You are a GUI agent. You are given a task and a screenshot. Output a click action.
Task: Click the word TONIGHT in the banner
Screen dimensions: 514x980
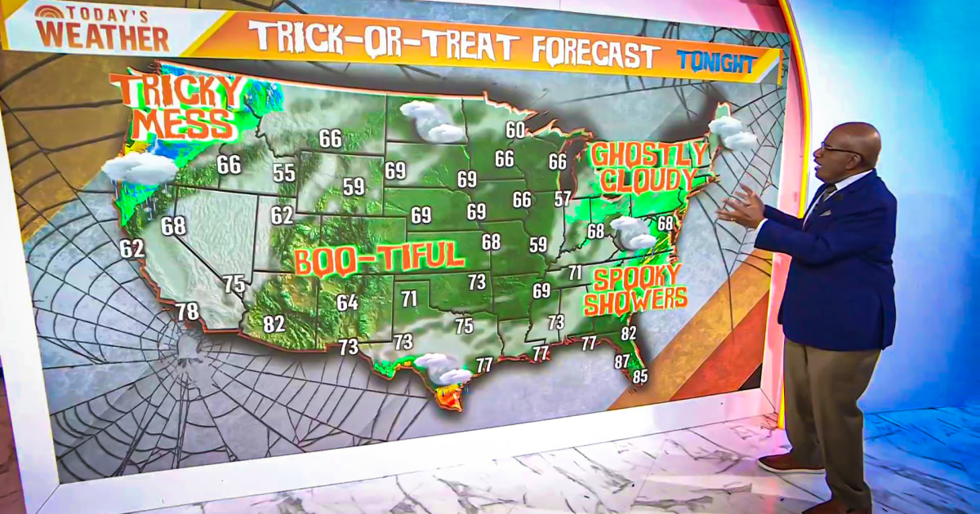pyautogui.click(x=715, y=62)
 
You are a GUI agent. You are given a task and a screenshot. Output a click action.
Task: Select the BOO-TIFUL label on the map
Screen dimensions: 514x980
pyautogui.click(x=379, y=259)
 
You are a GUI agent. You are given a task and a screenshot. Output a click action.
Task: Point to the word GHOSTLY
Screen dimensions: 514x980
pyautogui.click(x=648, y=154)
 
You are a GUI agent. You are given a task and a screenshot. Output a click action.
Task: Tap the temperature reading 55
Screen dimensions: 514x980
pyautogui.click(x=284, y=173)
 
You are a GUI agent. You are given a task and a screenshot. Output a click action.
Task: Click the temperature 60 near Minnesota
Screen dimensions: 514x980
pyautogui.click(x=515, y=130)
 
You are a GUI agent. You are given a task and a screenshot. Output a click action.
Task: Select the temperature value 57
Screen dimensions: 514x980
pyautogui.click(x=563, y=198)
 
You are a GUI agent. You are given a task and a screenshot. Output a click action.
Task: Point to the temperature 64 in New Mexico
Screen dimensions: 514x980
pyautogui.click(x=347, y=303)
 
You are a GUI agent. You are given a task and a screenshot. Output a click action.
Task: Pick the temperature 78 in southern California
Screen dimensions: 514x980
pyautogui.click(x=187, y=311)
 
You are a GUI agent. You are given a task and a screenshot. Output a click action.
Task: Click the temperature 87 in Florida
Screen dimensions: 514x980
pyautogui.click(x=622, y=361)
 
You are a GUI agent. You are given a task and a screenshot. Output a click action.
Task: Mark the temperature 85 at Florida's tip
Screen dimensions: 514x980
pyautogui.click(x=640, y=377)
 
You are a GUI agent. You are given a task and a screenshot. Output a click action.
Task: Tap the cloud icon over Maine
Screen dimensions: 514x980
pyautogui.click(x=733, y=133)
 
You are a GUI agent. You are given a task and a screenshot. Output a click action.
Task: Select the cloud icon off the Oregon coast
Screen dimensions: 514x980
pyautogui.click(x=140, y=167)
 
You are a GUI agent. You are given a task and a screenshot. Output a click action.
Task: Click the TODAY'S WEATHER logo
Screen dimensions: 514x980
pyautogui.click(x=102, y=29)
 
